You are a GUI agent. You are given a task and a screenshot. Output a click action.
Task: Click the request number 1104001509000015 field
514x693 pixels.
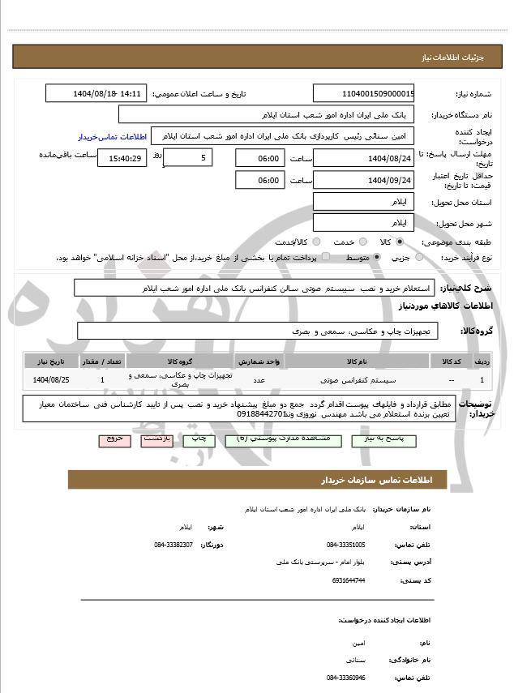coord(364,93)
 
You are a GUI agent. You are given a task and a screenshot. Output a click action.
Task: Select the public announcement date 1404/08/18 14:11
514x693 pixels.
coord(96,93)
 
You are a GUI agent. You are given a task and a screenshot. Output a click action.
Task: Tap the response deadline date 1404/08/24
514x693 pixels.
coord(364,158)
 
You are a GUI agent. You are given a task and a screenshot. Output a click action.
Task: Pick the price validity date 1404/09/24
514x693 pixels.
coord(364,179)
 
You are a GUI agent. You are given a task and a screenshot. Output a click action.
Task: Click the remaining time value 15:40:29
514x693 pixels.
coord(122,158)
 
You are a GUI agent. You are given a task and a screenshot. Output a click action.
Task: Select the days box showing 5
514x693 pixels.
coord(188,157)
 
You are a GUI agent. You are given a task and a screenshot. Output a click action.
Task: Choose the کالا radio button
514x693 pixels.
coord(400,242)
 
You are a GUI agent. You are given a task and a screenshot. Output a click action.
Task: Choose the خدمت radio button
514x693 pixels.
coord(362,242)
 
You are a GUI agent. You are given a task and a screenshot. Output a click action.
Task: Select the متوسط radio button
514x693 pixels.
coord(378,257)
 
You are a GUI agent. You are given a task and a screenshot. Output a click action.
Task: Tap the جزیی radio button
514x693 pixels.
coord(419,257)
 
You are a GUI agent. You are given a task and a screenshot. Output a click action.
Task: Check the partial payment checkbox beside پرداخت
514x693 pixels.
coord(325,257)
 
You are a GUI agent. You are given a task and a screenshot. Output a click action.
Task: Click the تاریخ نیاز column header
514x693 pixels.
coord(50,361)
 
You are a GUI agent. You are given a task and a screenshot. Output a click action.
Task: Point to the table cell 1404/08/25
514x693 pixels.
coord(50,379)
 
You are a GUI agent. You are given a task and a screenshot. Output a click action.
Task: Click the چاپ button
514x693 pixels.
coord(199,438)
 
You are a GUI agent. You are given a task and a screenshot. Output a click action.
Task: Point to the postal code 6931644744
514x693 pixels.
coord(349,580)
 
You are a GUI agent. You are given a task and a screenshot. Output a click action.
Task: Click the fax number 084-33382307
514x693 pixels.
coord(173,544)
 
